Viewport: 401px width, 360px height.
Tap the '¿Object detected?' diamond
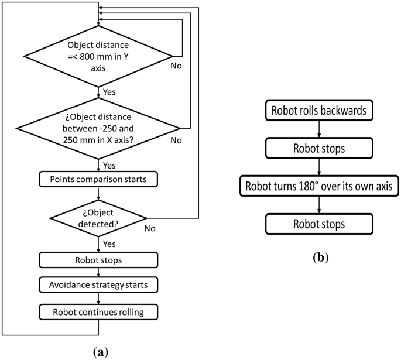[98, 217]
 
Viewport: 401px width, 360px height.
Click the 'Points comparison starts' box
[98, 178]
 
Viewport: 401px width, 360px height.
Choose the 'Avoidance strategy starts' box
[98, 286]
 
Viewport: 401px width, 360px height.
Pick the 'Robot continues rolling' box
[98, 311]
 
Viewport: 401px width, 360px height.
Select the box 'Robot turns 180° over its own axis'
[318, 187]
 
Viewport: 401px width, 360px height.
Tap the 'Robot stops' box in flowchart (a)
[98, 259]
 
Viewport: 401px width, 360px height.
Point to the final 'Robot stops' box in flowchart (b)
[318, 225]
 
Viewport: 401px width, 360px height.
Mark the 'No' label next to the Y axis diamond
[176, 66]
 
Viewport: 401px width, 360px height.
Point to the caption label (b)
[317, 256]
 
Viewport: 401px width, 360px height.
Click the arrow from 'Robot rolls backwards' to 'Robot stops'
[318, 128]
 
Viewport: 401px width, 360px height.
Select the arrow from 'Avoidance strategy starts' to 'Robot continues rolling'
[98, 299]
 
